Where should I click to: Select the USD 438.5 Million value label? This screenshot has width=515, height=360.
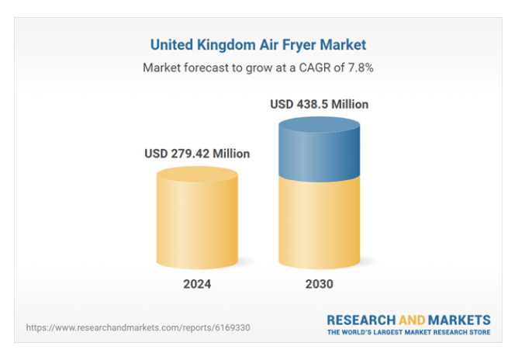pos(319,104)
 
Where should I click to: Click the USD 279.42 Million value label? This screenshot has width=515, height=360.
pos(197,154)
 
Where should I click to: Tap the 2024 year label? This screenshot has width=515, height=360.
pos(197,284)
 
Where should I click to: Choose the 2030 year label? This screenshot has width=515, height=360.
pos(319,284)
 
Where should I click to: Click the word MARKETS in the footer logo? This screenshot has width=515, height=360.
pos(461,320)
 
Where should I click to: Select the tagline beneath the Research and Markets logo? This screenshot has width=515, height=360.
pos(408,333)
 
